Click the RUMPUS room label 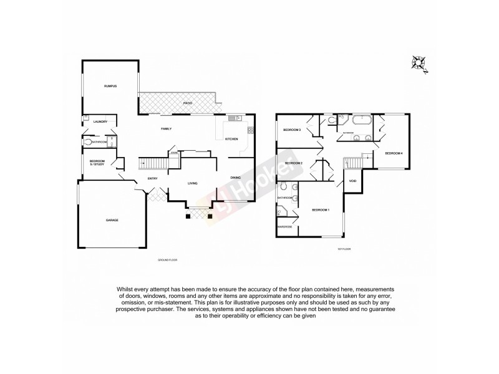coord(111,85)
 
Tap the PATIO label coord(187,103)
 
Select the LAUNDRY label coord(100,122)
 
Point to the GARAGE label coord(112,220)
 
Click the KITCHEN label coord(231,139)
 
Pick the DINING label coord(235,178)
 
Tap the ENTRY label coord(152,179)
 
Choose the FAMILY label coord(166,129)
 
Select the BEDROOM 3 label coord(292,130)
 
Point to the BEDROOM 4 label coord(393,153)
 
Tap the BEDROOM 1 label coord(320,210)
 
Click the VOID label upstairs coord(352,181)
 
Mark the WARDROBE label coord(284,226)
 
